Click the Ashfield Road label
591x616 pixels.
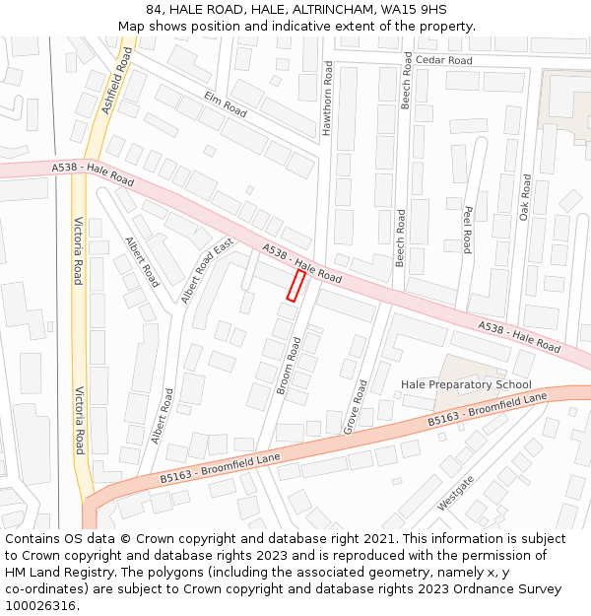(x=115, y=82)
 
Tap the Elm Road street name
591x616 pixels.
(x=225, y=103)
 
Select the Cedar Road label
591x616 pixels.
(x=443, y=60)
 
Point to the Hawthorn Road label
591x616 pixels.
(x=328, y=101)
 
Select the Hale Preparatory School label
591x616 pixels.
(x=466, y=384)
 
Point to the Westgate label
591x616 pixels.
(x=456, y=492)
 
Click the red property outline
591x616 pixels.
(x=295, y=286)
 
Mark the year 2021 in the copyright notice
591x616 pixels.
(x=380, y=539)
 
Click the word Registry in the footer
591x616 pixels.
(x=70, y=573)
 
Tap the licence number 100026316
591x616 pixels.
(x=39, y=606)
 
